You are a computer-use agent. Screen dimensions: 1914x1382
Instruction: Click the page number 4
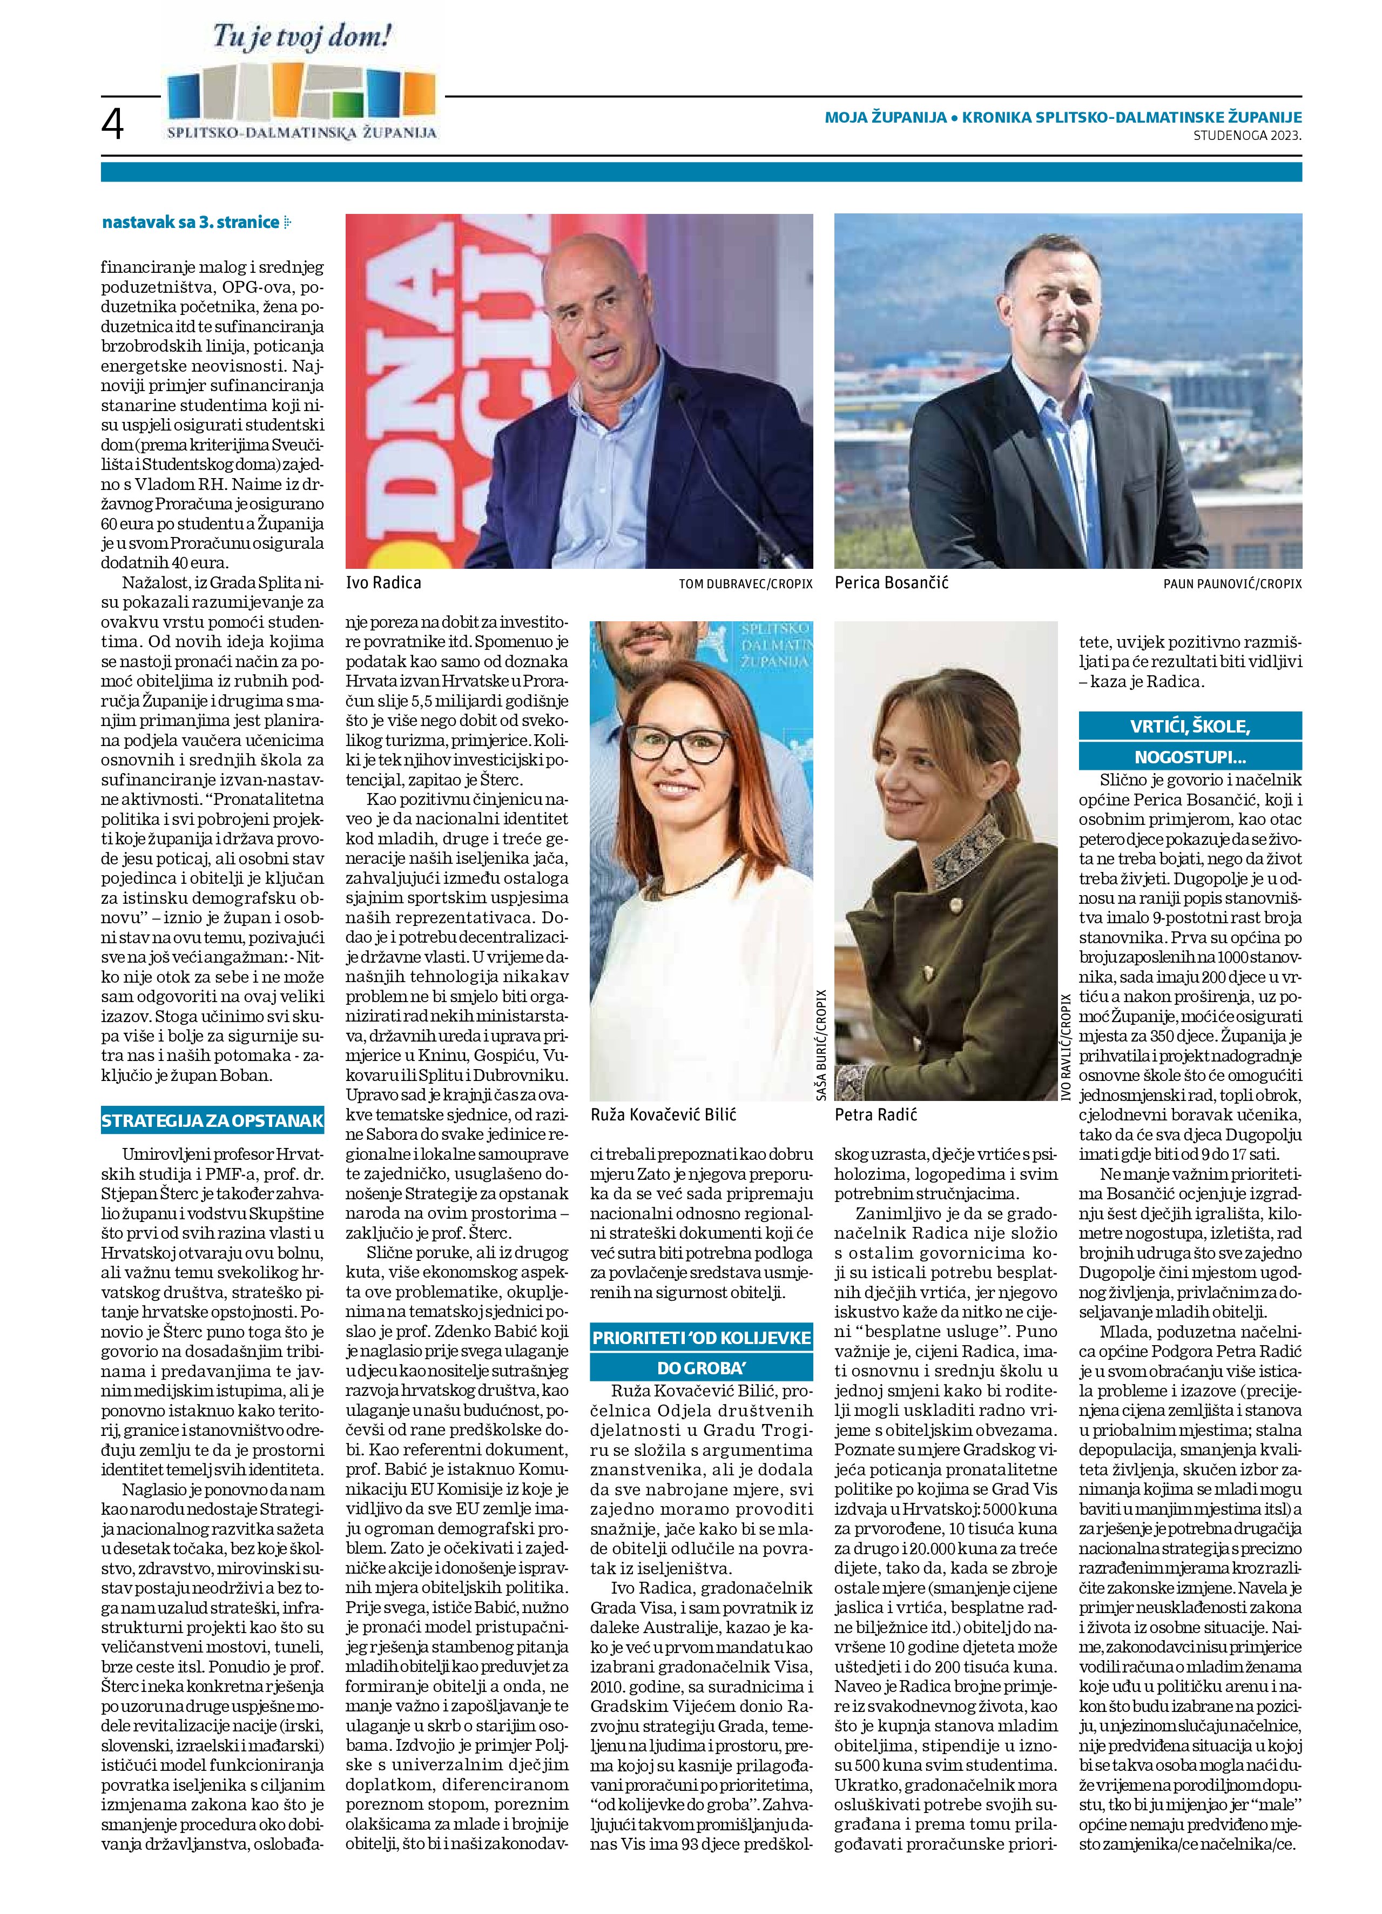112,126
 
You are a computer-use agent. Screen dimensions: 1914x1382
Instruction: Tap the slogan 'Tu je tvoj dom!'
302,37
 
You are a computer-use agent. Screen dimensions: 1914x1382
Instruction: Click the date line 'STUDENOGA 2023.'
1247,135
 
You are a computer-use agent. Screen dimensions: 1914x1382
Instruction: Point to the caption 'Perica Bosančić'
891,582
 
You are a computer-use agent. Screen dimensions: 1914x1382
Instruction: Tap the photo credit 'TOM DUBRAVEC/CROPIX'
745,584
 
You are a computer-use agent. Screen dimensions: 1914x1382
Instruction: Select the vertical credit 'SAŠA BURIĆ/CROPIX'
821,1044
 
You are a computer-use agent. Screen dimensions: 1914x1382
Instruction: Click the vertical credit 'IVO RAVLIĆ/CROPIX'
1067,1047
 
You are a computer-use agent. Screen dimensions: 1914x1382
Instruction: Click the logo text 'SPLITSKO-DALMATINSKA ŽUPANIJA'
302,132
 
